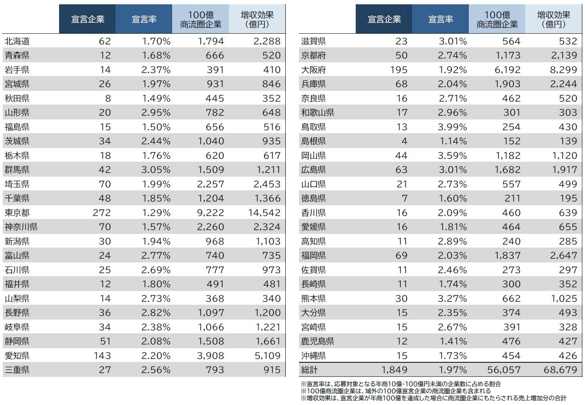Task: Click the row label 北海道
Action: click(x=17, y=41)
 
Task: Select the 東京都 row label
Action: click(x=17, y=213)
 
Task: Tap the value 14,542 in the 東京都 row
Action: click(x=264, y=213)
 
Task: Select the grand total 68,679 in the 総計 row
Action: click(x=560, y=370)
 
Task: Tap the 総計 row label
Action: click(x=310, y=370)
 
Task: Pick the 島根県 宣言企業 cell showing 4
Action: click(x=404, y=141)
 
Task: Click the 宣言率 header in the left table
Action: click(x=144, y=19)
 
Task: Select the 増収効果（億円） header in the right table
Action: click(x=553, y=19)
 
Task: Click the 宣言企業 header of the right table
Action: click(x=384, y=19)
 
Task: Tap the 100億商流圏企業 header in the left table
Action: click(x=200, y=19)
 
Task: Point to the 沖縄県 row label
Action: click(x=313, y=356)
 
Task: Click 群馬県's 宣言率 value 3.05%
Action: click(x=156, y=170)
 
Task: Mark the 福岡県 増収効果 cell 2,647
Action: click(x=564, y=255)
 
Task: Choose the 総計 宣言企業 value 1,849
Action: click(x=394, y=370)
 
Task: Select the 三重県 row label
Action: click(x=17, y=370)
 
